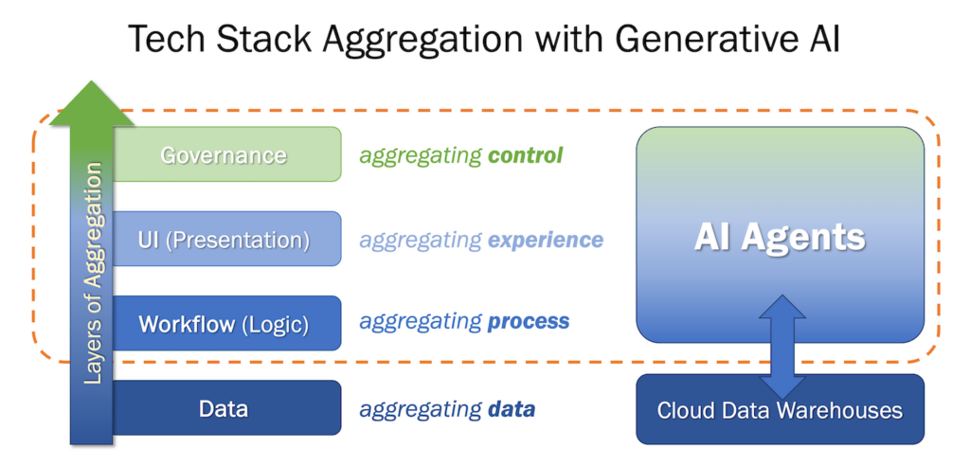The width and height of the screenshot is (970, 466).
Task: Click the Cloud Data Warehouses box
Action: point(780,410)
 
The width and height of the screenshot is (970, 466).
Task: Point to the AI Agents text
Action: point(780,237)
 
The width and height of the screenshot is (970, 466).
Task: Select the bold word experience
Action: point(545,240)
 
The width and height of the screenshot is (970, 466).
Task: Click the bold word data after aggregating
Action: point(512,409)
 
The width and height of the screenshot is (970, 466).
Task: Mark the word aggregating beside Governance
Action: point(420,155)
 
